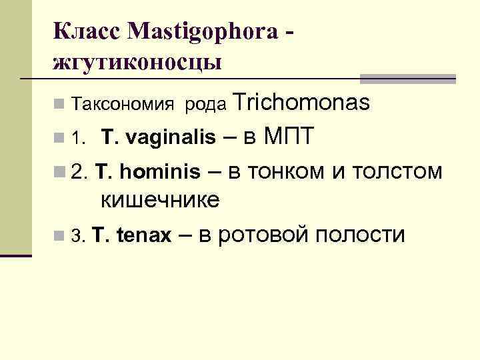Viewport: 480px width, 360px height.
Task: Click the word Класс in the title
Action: tap(84, 31)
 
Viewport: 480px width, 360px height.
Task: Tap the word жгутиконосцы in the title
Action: tap(137, 64)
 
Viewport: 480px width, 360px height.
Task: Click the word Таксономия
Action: tap(123, 105)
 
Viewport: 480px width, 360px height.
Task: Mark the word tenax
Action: tap(145, 235)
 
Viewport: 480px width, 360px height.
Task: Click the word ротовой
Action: tap(265, 235)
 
